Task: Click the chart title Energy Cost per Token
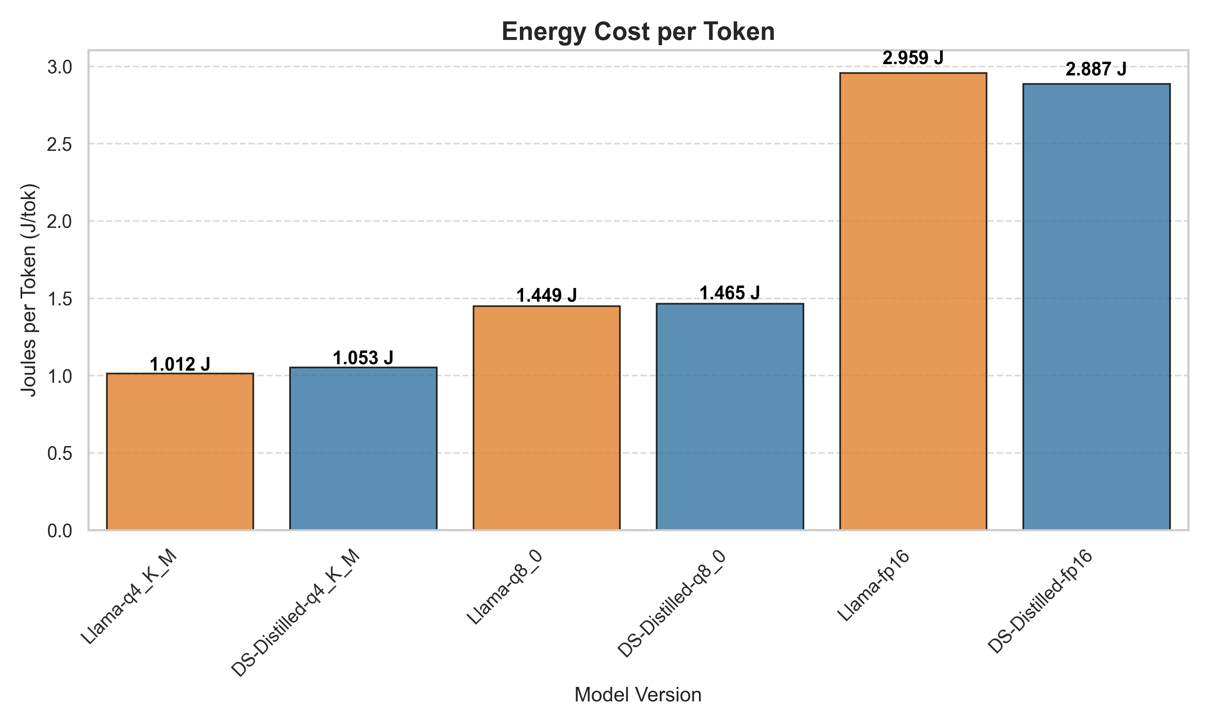coord(638,32)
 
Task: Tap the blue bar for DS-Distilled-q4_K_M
coord(363,448)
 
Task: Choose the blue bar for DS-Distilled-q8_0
coord(729,416)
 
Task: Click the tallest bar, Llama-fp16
coord(913,301)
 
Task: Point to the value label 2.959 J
coord(913,58)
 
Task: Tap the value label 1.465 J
coord(729,293)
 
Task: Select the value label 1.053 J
coord(363,358)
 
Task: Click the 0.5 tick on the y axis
coord(59,453)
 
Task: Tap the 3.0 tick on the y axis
coord(59,67)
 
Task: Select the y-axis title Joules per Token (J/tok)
coord(29,290)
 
